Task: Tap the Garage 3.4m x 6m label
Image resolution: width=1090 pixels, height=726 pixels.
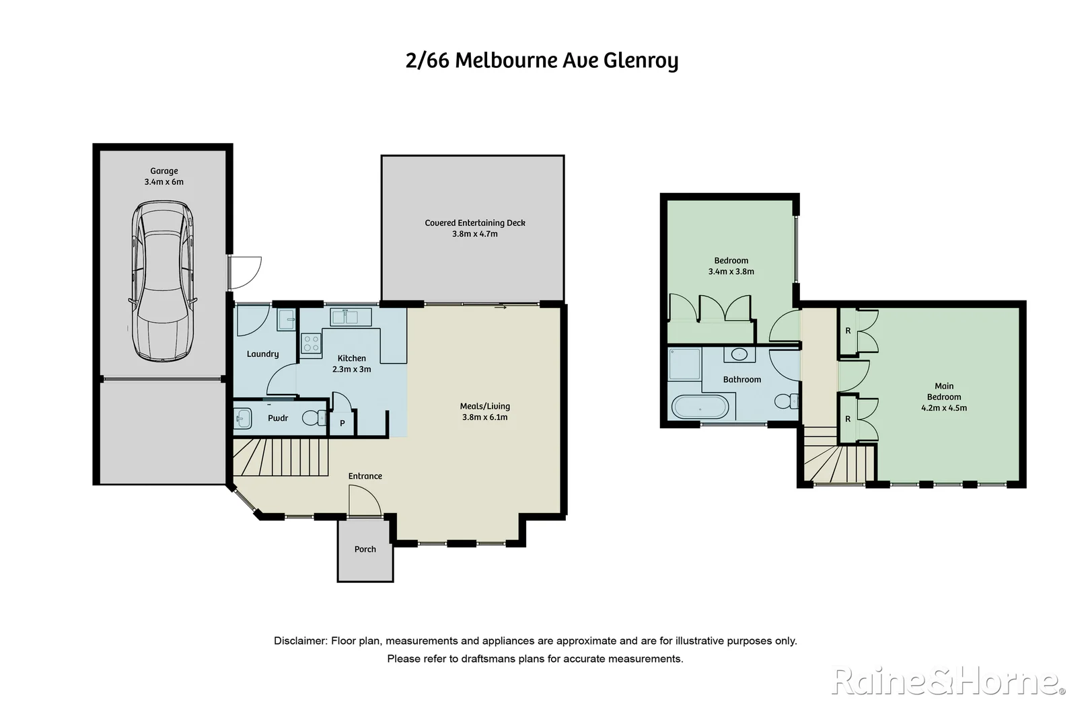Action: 163,176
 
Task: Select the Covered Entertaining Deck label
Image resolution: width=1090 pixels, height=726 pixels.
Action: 474,223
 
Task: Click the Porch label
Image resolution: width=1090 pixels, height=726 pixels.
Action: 365,549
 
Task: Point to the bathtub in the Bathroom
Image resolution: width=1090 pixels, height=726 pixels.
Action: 700,407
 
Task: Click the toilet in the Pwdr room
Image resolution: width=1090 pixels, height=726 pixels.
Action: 312,418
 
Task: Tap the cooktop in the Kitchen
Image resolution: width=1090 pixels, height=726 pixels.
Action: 311,344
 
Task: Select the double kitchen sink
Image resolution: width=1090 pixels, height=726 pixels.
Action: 351,316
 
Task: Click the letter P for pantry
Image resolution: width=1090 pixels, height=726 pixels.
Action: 342,424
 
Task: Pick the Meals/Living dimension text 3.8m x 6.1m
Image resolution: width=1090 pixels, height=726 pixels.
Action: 484,417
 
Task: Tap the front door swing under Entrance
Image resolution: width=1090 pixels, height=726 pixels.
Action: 363,501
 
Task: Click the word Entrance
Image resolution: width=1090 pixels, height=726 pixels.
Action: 365,476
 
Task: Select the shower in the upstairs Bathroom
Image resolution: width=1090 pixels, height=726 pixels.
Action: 684,364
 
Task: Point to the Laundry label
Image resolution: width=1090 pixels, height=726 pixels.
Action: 262,354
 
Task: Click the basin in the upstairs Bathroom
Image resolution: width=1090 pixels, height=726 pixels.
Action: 739,354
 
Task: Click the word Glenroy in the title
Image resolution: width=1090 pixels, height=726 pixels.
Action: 641,61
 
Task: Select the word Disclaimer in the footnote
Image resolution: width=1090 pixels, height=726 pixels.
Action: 299,641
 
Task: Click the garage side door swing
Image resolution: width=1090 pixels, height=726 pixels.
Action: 245,272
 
